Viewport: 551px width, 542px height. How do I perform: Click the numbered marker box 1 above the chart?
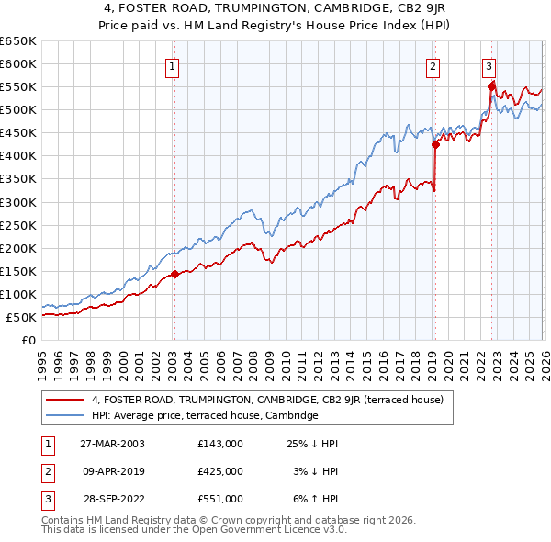[x=173, y=65]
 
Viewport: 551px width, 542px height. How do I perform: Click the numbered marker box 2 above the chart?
[x=433, y=65]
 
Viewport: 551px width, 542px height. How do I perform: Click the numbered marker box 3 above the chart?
[x=489, y=65]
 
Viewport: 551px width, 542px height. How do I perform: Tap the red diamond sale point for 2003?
[x=174, y=274]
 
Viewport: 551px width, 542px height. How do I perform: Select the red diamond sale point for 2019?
[x=435, y=143]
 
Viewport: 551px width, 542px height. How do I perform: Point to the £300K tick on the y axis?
[x=19, y=202]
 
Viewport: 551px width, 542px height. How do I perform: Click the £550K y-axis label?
[x=19, y=87]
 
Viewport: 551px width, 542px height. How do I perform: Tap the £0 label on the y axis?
[x=28, y=340]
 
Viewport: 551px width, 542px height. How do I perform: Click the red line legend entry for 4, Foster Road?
[x=267, y=400]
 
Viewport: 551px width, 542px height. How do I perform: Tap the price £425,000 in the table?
[x=220, y=471]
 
